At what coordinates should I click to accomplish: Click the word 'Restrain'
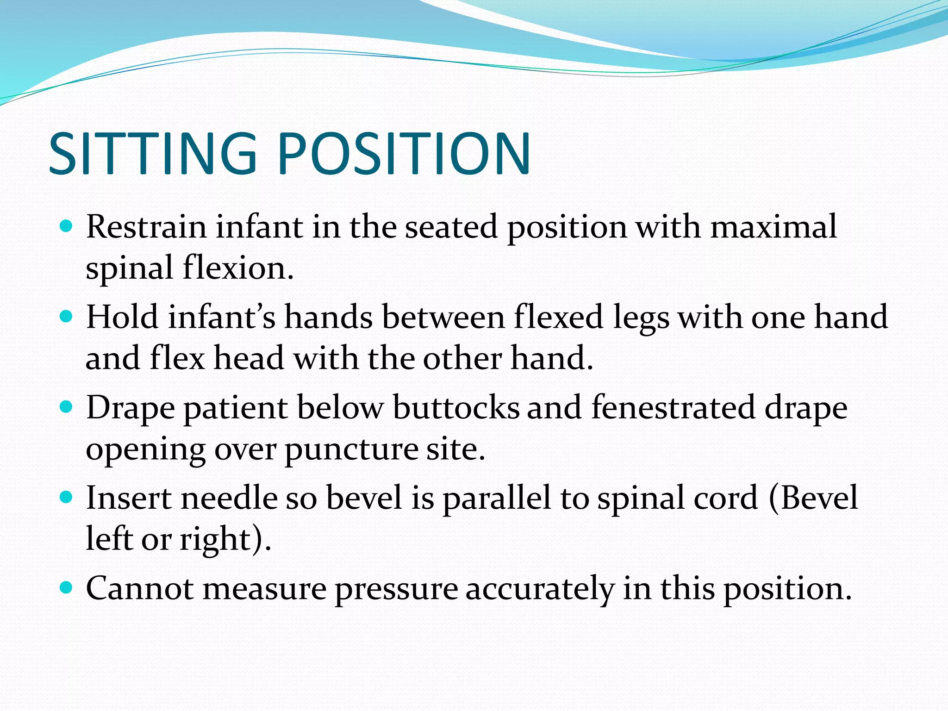[x=146, y=227]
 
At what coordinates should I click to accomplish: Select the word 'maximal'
[x=773, y=227]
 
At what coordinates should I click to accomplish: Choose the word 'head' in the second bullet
[x=249, y=358]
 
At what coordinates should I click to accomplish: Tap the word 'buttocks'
[x=456, y=408]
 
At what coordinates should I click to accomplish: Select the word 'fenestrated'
[x=673, y=408]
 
